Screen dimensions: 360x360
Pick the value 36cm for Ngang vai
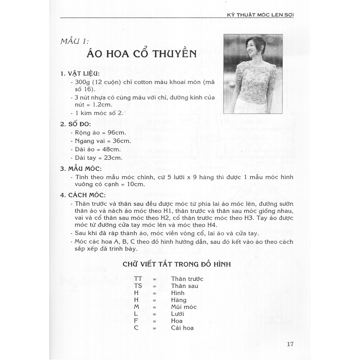coord(118,141)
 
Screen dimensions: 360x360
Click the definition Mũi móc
coord(184,307)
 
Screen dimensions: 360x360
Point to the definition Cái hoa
coord(182,328)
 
